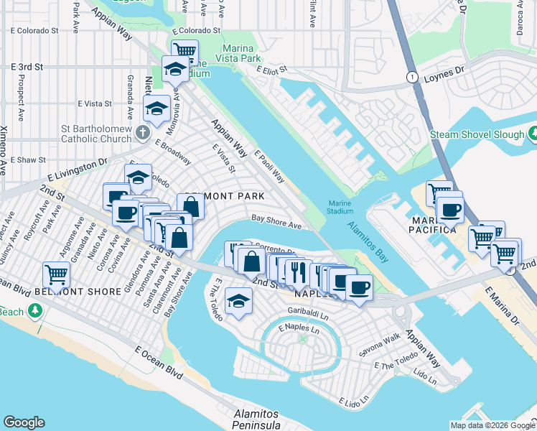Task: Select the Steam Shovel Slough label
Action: (476, 134)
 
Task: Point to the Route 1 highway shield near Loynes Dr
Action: (411, 77)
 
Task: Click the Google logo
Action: (24, 422)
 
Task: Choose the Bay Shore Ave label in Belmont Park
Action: (276, 224)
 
